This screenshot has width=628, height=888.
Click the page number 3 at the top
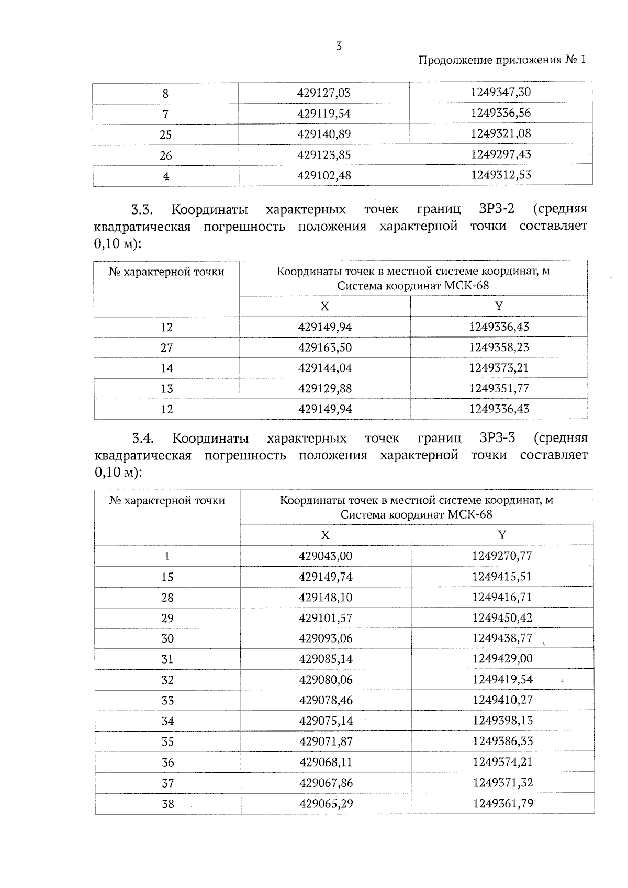pyautogui.click(x=339, y=46)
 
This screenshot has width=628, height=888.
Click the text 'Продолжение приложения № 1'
pyautogui.click(x=502, y=60)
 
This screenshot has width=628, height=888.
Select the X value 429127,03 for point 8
pyautogui.click(x=323, y=94)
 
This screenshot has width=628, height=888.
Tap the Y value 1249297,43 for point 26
pyautogui.click(x=500, y=154)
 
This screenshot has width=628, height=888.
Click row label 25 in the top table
pyautogui.click(x=165, y=135)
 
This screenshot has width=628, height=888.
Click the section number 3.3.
pyautogui.click(x=142, y=210)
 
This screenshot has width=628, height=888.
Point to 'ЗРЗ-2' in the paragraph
pyautogui.click(x=497, y=209)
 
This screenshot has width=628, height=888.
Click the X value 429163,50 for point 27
pyautogui.click(x=324, y=347)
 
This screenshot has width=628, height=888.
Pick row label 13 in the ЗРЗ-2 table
pyautogui.click(x=166, y=389)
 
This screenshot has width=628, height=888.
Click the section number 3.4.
pyautogui.click(x=142, y=439)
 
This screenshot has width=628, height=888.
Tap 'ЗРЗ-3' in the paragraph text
pyautogui.click(x=497, y=437)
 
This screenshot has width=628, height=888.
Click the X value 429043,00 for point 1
pyautogui.click(x=325, y=556)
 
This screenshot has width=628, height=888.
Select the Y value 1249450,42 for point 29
pyautogui.click(x=502, y=618)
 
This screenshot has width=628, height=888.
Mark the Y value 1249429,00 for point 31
pyautogui.click(x=502, y=659)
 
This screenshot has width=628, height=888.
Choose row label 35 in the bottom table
pyautogui.click(x=167, y=742)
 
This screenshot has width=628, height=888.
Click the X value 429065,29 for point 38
pyautogui.click(x=326, y=803)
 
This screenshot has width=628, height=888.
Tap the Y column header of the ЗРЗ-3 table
pyautogui.click(x=502, y=535)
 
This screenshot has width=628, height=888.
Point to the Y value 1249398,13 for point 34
pyautogui.click(x=502, y=721)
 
